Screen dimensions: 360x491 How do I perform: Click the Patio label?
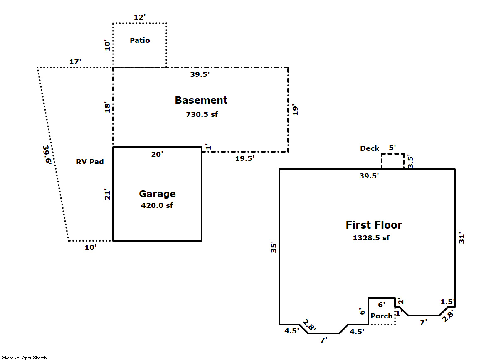pyautogui.click(x=140, y=40)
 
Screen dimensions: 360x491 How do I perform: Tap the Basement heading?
pyautogui.click(x=201, y=100)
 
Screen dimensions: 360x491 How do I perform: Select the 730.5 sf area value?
pyautogui.click(x=202, y=114)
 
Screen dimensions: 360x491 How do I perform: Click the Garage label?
pyautogui.click(x=157, y=194)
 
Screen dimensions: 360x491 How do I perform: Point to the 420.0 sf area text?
pyautogui.click(x=157, y=205)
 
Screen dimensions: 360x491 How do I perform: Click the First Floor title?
pyautogui.click(x=374, y=225)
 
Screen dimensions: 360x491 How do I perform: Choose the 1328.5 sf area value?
pyautogui.click(x=371, y=238)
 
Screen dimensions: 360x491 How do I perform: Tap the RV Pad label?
pyautogui.click(x=90, y=162)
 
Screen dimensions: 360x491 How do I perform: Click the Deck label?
pyautogui.click(x=370, y=148)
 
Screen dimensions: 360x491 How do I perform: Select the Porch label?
pyautogui.click(x=382, y=316)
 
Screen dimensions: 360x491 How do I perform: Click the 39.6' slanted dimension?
pyautogui.click(x=47, y=155)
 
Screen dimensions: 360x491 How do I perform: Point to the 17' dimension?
pyautogui.click(x=75, y=62)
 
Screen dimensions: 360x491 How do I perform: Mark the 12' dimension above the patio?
pyautogui.click(x=140, y=17)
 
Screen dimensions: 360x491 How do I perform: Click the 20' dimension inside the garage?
pyautogui.click(x=157, y=154)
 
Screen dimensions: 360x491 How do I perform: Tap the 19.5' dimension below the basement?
pyautogui.click(x=244, y=158)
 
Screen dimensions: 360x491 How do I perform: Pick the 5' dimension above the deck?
pyautogui.click(x=392, y=148)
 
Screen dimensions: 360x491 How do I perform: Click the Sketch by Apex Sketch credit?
pyautogui.click(x=25, y=358)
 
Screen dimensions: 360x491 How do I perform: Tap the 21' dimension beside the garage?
pyautogui.click(x=107, y=194)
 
